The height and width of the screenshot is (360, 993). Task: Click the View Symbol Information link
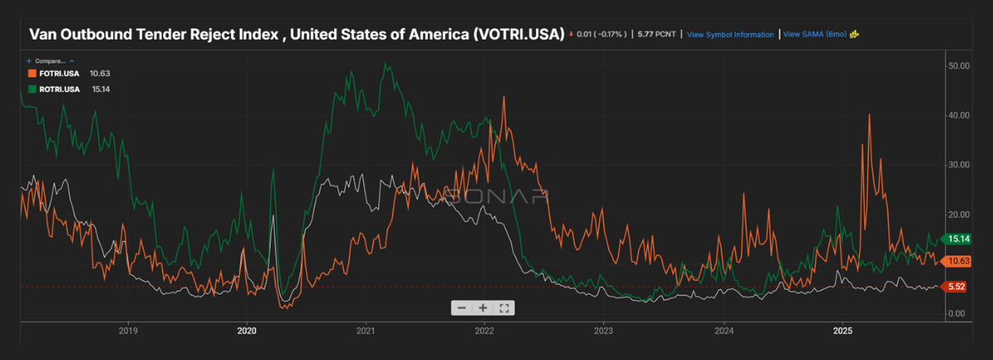pos(730,35)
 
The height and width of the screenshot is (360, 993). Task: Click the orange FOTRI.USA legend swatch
pos(31,73)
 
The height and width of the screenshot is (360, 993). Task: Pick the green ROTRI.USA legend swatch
pos(31,89)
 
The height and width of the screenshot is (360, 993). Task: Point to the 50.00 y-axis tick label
pos(959,65)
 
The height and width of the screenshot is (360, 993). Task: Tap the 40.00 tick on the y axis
pos(959,115)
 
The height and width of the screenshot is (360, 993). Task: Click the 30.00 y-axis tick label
pos(959,165)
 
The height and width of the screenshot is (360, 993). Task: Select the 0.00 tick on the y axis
pos(957,314)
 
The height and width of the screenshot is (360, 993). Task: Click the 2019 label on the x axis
pos(128,330)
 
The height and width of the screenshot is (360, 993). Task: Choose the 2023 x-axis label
pos(604,330)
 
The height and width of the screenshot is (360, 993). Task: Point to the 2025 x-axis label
pos(842,330)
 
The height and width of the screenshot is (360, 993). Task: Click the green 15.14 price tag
pos(958,239)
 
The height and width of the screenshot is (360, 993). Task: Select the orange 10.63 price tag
pos(958,262)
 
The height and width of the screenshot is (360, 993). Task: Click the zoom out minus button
pos(462,308)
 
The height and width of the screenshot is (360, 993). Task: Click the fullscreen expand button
pos(505,308)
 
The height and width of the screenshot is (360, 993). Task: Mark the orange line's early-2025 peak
pos(869,114)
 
